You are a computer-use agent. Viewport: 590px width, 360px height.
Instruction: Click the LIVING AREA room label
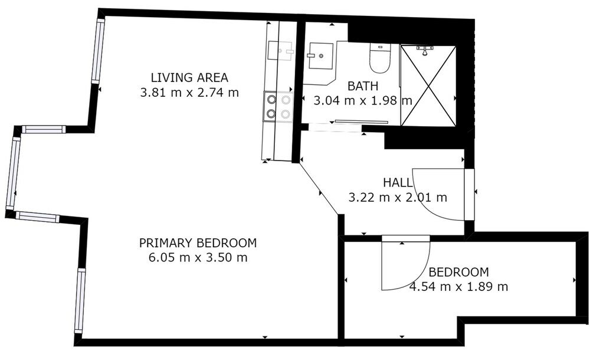(189, 77)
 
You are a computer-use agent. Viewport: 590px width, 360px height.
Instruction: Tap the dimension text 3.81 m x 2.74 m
(189, 92)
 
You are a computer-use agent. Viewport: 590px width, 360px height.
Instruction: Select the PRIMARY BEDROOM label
(198, 243)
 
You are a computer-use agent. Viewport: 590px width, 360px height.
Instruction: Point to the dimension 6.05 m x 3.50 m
(198, 257)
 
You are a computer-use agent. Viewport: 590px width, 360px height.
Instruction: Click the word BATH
(363, 86)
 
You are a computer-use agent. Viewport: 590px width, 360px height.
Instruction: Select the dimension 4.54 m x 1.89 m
(458, 287)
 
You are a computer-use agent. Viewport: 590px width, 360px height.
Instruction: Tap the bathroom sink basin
(319, 55)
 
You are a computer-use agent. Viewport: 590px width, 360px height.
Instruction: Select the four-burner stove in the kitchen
(279, 107)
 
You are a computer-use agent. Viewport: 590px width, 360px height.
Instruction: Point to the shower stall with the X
(428, 85)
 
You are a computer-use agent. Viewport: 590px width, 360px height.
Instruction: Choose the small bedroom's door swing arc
(401, 266)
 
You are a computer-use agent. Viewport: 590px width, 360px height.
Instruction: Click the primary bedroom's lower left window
(80, 300)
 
